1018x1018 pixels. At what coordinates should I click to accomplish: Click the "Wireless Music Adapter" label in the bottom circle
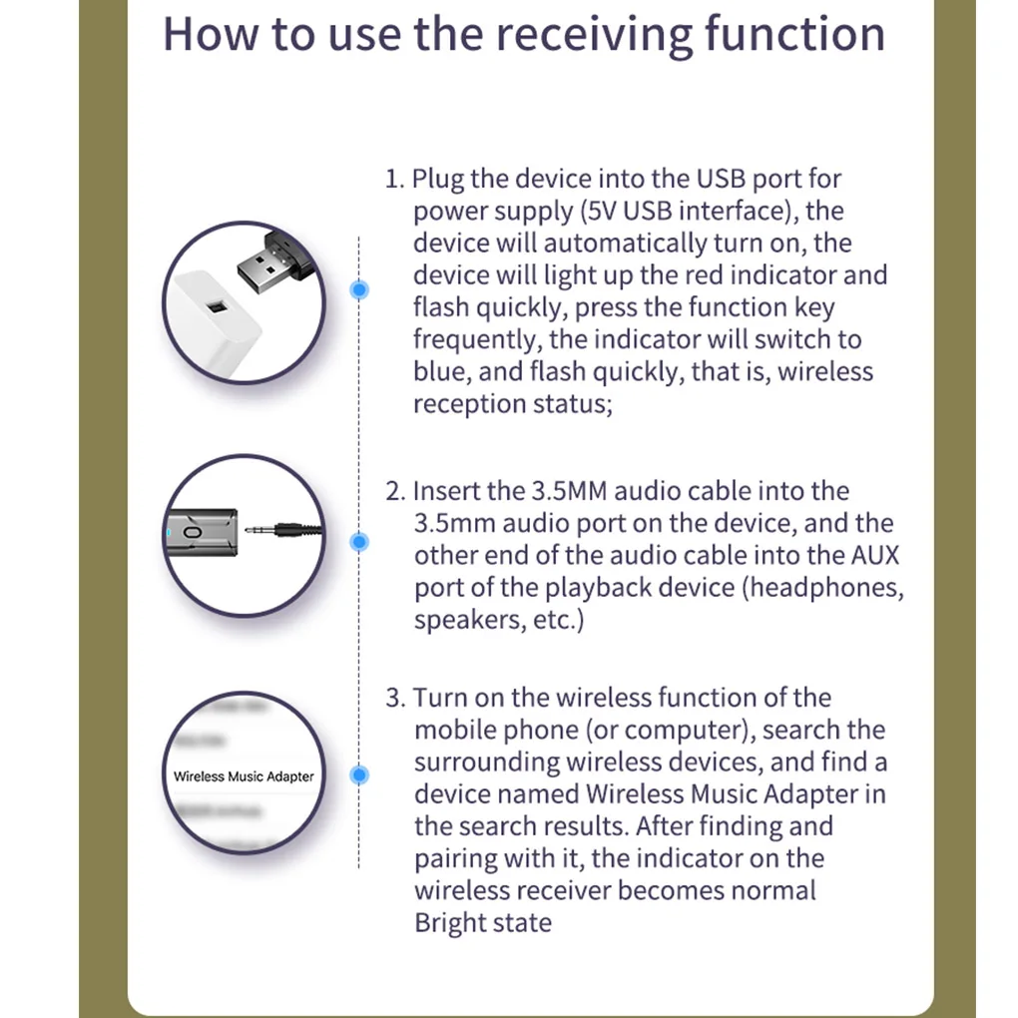point(244,776)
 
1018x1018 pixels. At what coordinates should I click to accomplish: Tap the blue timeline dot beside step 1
point(359,289)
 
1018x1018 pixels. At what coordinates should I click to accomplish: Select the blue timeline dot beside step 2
point(359,542)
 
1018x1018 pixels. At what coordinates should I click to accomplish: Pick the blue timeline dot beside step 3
point(359,774)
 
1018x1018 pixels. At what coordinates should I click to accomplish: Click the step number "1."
point(395,180)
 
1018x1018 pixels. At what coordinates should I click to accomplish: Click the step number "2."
point(395,491)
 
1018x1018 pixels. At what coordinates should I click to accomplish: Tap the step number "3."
point(395,698)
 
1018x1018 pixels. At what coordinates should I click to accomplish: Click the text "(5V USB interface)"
point(688,212)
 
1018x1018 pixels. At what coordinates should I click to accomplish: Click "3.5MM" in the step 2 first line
point(570,491)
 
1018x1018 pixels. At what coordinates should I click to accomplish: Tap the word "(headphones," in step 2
point(823,587)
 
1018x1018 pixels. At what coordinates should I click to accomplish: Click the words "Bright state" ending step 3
point(483,922)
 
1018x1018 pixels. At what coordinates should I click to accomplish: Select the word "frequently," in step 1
point(478,339)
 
